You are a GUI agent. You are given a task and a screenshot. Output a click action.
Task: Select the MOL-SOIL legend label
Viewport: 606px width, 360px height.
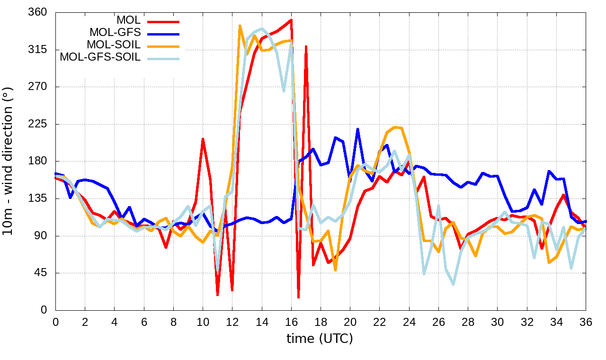114,45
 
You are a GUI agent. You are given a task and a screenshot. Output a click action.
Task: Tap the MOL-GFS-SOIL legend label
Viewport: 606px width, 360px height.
100,57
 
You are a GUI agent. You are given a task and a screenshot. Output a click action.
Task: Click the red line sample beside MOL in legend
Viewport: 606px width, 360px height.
163,21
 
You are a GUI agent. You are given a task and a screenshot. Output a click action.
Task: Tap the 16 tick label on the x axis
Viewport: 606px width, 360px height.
291,321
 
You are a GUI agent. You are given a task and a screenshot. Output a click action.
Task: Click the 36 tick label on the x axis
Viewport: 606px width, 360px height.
586,321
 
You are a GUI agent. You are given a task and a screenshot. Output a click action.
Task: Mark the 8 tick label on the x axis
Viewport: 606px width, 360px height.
173,321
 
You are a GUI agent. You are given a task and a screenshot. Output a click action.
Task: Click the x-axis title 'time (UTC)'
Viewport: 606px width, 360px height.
320,339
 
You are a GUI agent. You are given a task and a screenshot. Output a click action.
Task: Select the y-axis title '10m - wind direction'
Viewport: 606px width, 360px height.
9,161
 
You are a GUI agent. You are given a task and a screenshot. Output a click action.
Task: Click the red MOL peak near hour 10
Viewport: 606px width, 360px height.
203,139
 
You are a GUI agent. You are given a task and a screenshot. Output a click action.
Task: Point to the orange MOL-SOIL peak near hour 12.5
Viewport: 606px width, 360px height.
240,26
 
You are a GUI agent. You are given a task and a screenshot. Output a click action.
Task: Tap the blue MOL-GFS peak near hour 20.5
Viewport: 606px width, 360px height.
357,129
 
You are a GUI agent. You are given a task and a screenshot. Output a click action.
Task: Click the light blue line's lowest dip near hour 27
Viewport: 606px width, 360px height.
453,284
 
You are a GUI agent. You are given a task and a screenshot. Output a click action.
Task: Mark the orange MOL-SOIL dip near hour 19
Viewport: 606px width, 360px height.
335,270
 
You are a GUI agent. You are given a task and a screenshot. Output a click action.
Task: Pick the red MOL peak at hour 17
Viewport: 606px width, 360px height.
306,46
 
